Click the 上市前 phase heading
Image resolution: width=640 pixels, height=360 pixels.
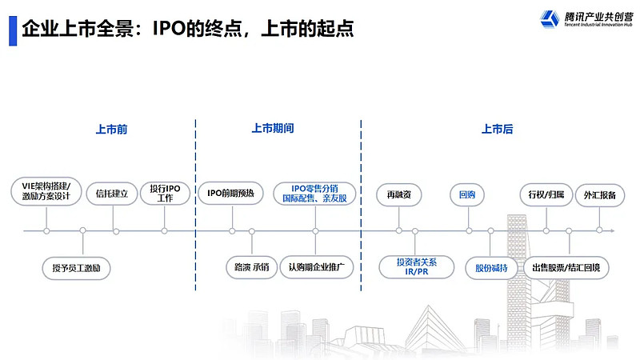click(111, 129)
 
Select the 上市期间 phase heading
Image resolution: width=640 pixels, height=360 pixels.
click(273, 129)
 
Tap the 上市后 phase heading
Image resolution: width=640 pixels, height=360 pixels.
click(497, 129)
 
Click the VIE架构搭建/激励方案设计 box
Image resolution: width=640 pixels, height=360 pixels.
click(46, 191)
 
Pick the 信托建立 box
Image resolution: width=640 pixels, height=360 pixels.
click(112, 193)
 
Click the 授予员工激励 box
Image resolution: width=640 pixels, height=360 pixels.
click(76, 266)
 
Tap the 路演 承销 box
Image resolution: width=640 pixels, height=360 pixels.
click(251, 266)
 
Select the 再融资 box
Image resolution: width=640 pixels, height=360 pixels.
click(399, 194)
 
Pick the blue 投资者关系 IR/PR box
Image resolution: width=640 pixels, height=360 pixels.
click(416, 266)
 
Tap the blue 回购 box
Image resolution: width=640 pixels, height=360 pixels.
click(467, 194)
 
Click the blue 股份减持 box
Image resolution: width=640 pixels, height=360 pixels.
click(490, 267)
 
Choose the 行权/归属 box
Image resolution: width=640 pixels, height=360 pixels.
click(546, 194)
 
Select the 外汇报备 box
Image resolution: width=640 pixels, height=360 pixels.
click(599, 194)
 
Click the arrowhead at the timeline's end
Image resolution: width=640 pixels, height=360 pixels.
click(612, 231)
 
